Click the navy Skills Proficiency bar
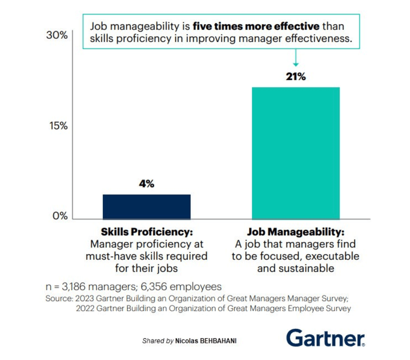click(147, 207)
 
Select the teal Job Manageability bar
click(296, 153)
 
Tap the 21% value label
click(296, 77)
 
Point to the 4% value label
click(147, 184)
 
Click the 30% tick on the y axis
click(57, 35)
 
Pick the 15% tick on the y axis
click(58, 126)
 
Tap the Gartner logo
click(325, 338)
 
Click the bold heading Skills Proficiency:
click(147, 232)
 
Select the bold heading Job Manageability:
click(296, 233)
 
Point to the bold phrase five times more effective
click(256, 27)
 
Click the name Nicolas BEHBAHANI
click(206, 341)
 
